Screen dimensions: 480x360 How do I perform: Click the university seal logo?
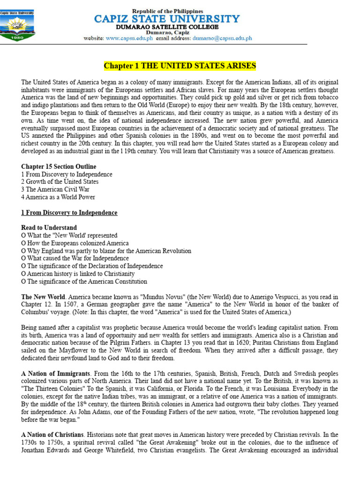coord(17,23)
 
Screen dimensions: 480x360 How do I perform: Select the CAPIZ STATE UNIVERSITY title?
coord(167,19)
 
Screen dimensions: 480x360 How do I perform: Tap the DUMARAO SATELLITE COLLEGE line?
coord(167,27)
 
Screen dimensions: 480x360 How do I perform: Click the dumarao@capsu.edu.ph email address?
coord(222,38)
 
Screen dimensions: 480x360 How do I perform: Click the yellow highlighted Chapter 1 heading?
coord(180,65)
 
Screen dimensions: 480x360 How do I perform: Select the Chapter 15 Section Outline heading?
coord(59,166)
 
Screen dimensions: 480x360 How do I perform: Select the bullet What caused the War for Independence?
coord(75,258)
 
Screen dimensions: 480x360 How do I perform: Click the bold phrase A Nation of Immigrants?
coord(55,374)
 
